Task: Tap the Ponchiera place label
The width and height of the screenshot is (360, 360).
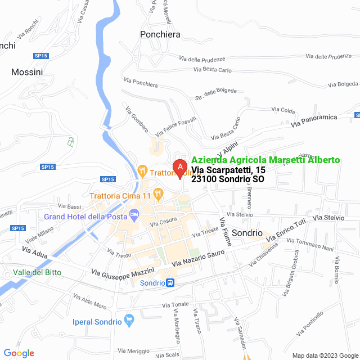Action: point(160,34)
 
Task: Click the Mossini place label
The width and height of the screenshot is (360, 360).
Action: point(27,72)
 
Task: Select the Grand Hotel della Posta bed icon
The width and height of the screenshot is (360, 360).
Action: point(134,214)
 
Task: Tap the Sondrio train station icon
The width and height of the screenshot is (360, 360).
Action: point(170,283)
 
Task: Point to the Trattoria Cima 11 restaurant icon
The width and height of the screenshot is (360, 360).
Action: point(159,195)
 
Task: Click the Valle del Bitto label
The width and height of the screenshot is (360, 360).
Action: point(37,273)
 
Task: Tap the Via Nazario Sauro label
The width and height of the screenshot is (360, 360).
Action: point(199,256)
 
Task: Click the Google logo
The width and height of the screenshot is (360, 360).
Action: point(19,353)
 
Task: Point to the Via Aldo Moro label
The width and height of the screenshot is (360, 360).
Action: point(89,301)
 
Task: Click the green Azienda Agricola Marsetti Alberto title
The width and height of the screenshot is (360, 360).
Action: point(265,160)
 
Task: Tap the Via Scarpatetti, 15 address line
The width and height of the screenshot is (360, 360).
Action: point(228,170)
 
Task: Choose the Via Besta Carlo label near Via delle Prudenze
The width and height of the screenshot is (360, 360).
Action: point(212,70)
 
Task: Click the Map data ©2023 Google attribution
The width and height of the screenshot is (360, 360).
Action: point(325,355)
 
